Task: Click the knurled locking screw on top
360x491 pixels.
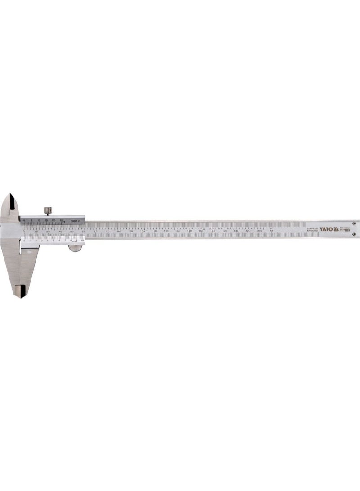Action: (47, 210)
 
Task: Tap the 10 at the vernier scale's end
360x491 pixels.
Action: (82, 241)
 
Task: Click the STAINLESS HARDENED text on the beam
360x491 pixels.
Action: (313, 229)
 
